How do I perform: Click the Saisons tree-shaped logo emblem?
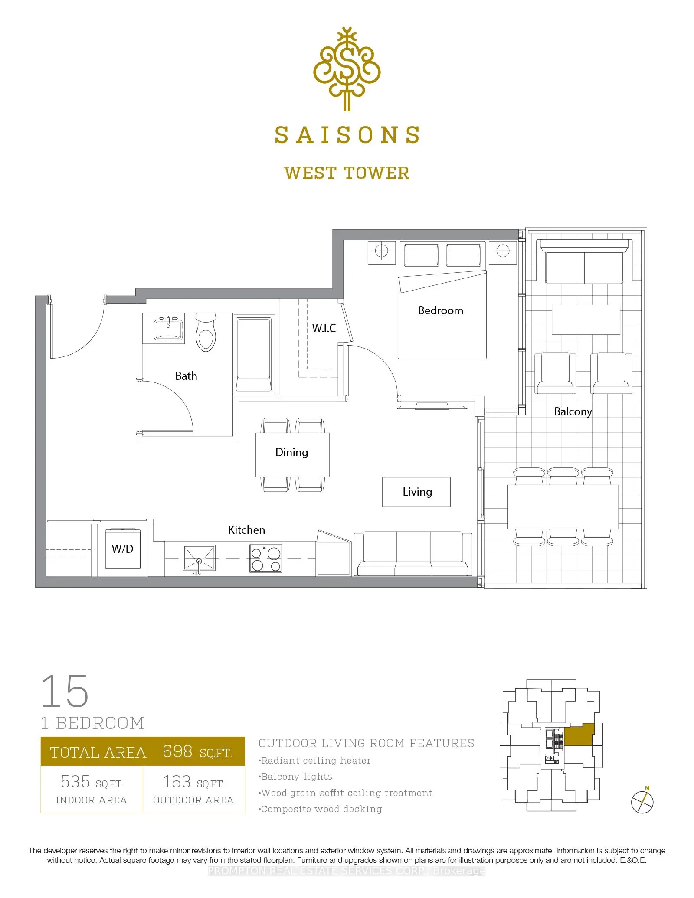point(347,69)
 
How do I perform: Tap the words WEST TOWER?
point(347,173)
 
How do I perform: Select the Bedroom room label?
point(440,310)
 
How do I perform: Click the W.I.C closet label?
point(324,328)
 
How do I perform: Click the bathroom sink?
point(169,328)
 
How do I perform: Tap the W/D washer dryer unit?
point(123,549)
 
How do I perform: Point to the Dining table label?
point(291,452)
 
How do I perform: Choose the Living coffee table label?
point(417,492)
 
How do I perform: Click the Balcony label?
point(573,411)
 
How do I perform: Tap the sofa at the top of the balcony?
point(584,261)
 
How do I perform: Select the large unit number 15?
point(65,691)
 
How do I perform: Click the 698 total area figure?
point(177,751)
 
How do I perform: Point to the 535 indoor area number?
point(75,782)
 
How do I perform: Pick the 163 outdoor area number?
point(177,782)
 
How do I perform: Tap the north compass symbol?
point(642,802)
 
